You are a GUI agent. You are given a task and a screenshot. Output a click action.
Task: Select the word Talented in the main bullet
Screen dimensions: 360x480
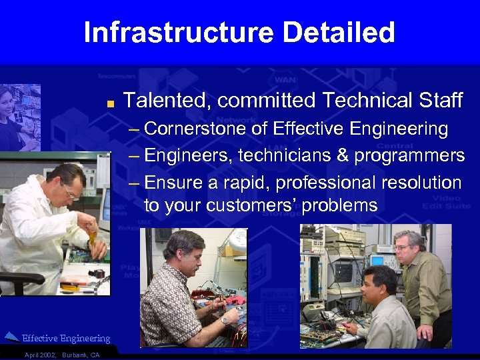[167, 101]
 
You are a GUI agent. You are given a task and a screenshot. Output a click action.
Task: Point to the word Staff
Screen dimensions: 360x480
[439, 101]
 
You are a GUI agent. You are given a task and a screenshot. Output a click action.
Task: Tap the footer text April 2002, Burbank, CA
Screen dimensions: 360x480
[61, 355]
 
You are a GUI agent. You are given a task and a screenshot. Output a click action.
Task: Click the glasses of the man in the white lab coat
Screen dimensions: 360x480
[71, 192]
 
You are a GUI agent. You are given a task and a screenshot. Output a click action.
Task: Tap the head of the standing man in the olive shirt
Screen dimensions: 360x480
[408, 244]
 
